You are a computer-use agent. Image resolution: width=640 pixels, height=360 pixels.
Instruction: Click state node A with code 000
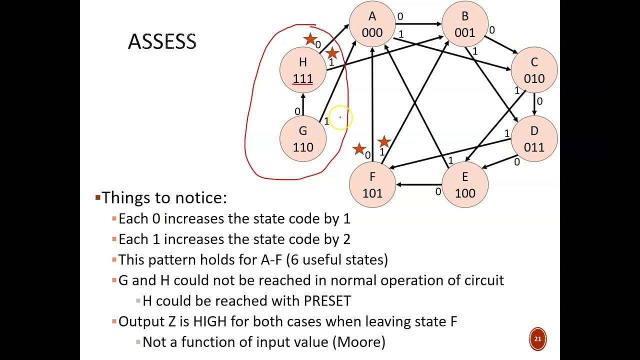(x=372, y=24)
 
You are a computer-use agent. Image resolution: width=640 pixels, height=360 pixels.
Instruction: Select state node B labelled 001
(x=464, y=24)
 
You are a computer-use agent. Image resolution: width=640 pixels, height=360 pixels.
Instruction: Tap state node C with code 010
(x=534, y=70)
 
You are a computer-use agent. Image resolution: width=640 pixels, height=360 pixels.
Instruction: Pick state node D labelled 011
(x=534, y=138)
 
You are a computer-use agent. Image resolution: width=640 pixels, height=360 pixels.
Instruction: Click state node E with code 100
(x=464, y=184)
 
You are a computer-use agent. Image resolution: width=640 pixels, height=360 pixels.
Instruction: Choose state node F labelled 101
(x=372, y=184)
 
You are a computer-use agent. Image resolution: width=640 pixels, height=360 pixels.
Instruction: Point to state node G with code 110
(x=302, y=138)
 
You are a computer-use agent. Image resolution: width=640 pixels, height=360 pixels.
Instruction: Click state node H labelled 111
(x=302, y=70)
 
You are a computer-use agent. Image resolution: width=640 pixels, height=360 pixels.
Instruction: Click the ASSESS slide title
(x=162, y=41)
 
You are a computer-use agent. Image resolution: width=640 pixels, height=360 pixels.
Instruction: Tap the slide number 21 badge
(x=537, y=339)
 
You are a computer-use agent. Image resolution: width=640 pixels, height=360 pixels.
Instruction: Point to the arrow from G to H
(x=303, y=104)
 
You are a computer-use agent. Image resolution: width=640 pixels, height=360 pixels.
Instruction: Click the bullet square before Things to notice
(x=98, y=197)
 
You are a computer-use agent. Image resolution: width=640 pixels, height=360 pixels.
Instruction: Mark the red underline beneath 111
(x=303, y=84)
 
